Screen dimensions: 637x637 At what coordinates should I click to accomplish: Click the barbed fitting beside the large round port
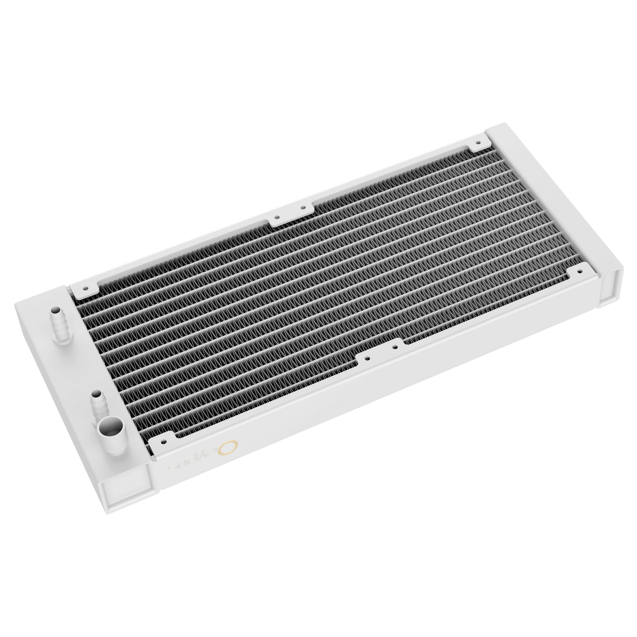tap(99, 404)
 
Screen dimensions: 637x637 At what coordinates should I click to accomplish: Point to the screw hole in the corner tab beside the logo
tap(163, 440)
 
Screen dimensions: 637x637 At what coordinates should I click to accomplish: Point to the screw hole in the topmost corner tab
tap(478, 142)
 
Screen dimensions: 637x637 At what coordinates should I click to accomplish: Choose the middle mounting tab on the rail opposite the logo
tap(289, 213)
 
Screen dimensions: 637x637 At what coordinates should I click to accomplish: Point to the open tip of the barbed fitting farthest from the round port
tap(55, 308)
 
